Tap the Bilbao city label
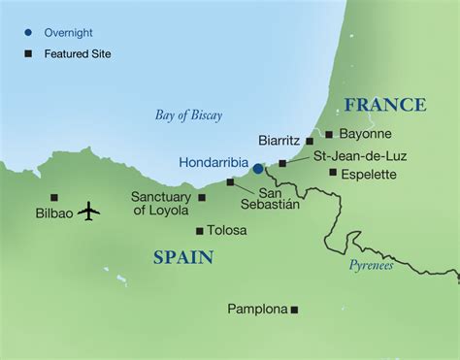54,212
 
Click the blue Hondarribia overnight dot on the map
258,168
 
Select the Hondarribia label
214,162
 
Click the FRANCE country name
385,105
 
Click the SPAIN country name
182,257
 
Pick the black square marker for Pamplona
295,310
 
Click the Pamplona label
257,310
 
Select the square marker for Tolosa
200,231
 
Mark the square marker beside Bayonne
329,134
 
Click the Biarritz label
281,140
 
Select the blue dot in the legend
29,32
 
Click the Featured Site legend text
78,54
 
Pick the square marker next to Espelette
333,173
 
